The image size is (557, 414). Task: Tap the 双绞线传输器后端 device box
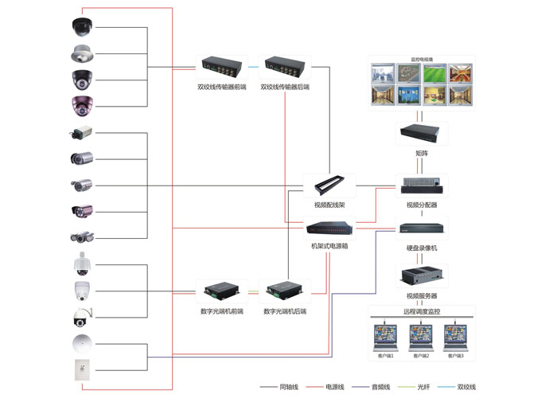point(286,66)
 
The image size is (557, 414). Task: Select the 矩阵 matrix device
point(421,133)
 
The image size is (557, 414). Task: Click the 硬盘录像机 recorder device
point(422,229)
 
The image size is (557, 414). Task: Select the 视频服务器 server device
point(422,275)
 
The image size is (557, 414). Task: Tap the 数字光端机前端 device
point(221,291)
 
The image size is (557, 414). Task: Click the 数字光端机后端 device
point(284,291)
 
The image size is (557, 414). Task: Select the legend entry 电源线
point(335,387)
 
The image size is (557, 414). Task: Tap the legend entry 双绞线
point(466,387)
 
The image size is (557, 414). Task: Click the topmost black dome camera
point(81,27)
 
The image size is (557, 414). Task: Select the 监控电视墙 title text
point(422,60)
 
